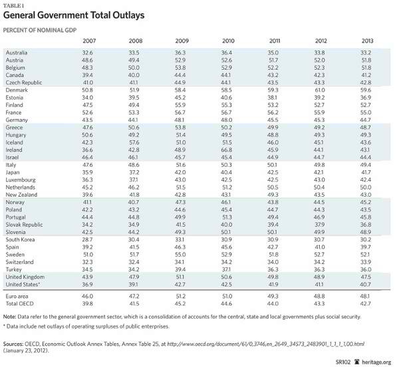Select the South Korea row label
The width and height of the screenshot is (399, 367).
tap(21, 219)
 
